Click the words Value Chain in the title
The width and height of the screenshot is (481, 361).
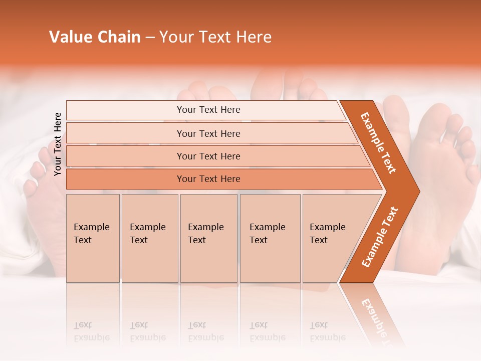pos(95,37)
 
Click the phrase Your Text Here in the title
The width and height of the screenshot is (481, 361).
pos(215,37)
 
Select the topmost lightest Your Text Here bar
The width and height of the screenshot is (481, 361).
pos(208,110)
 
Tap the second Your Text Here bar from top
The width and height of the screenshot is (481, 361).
pos(208,133)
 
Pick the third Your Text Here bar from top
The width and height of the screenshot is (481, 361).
pos(208,156)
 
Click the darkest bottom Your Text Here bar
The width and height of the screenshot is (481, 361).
pos(208,179)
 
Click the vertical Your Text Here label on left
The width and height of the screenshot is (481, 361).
pos(58,144)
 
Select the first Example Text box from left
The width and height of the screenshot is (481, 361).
pos(93,238)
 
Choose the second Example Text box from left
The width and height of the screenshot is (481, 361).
pos(150,238)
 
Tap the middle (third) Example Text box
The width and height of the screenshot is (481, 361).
pos(208,238)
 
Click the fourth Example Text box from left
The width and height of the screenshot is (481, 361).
pos(270,238)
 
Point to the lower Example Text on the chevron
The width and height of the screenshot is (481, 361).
pos(379,237)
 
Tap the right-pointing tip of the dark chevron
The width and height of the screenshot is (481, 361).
pos(417,191)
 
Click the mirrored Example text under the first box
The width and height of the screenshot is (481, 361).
pos(91,331)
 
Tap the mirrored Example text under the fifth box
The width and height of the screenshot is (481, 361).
pos(327,331)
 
